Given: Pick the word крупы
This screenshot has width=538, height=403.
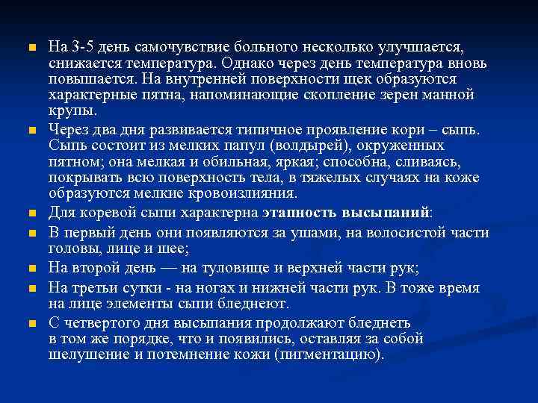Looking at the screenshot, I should [72, 112].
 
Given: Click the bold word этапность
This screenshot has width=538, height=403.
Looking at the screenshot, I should [298, 211].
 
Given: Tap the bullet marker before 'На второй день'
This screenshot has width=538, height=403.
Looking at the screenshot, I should [31, 268].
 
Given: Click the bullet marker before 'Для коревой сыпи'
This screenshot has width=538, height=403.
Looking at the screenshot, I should [31, 212].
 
